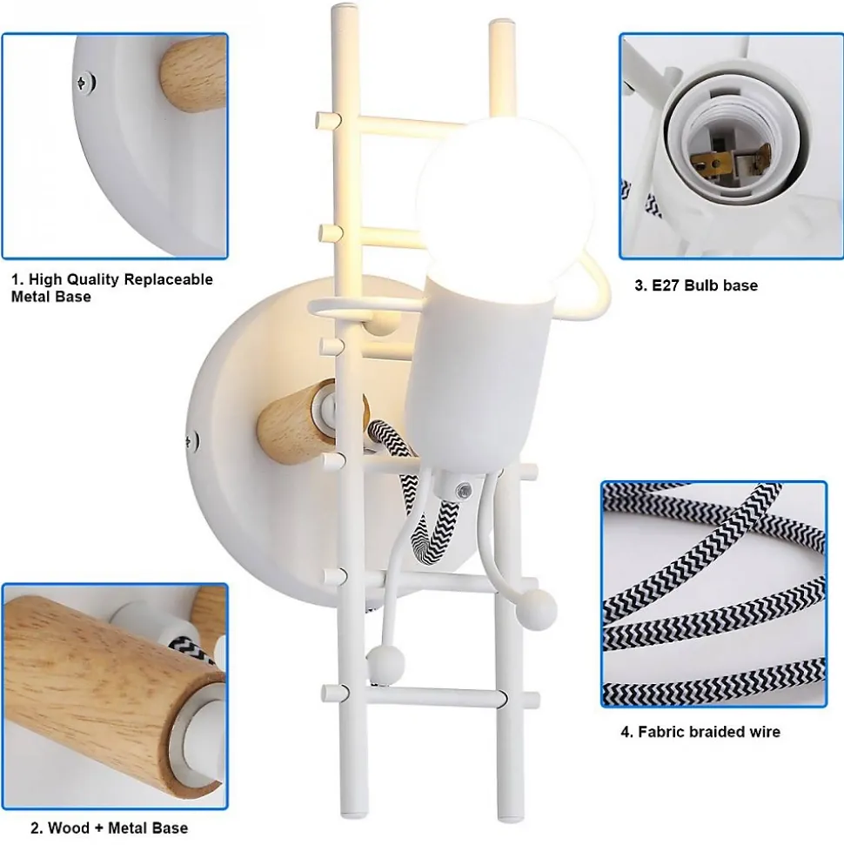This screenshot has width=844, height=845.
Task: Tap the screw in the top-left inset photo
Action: tap(84, 83)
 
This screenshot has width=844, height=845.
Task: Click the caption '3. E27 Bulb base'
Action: tap(696, 285)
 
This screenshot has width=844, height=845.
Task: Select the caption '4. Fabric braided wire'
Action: tap(700, 731)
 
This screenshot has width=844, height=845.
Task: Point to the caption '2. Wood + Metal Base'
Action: tap(109, 828)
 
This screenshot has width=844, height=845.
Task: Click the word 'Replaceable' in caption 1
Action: tap(168, 279)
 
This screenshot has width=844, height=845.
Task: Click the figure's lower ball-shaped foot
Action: tap(385, 662)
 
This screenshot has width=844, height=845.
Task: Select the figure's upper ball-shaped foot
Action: tap(537, 609)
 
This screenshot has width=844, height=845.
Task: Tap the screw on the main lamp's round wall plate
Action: tap(191, 441)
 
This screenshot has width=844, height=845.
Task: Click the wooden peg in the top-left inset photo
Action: tap(193, 73)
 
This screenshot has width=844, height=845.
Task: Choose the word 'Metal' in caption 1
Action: tap(32, 297)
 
